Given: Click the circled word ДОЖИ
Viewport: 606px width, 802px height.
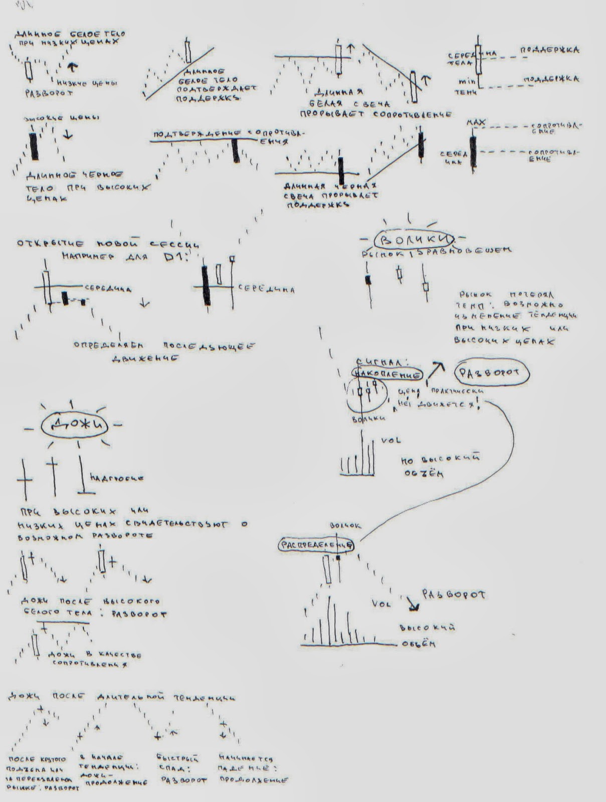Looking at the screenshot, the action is coord(74,425).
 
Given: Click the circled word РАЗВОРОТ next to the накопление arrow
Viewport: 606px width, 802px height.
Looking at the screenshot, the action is coord(491,373).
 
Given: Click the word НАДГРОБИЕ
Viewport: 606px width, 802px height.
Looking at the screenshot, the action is coord(117,478).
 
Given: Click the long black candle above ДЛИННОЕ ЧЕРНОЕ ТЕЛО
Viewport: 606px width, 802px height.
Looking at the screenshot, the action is coord(34,146).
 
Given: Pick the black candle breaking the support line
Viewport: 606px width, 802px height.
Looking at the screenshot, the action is coord(341,171).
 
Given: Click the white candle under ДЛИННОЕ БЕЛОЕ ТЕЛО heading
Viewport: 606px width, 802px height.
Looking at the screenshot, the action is coord(29,71).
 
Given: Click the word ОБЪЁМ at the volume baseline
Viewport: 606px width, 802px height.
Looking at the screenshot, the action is coord(418,644).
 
